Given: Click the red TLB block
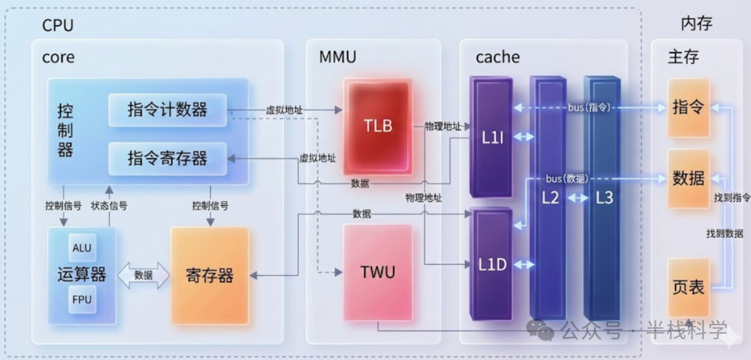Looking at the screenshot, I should (378, 125).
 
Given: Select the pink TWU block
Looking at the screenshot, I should (378, 272).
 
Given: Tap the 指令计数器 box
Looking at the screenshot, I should (167, 110).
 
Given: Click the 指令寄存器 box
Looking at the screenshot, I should (167, 158).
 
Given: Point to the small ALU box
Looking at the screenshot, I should (81, 248).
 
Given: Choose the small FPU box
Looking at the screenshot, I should (81, 300).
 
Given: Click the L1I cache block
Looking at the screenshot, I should (492, 137).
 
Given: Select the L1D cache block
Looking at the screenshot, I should (492, 264).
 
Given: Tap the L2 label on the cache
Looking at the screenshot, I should (551, 197).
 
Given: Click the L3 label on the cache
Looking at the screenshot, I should (604, 197).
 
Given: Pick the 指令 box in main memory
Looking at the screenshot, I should (688, 108).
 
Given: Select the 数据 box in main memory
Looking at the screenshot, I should (688, 178).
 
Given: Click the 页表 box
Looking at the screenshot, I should (688, 286).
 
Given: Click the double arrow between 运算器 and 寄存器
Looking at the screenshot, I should (143, 275).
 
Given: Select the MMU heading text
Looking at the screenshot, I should (337, 57).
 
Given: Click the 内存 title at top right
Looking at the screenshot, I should (696, 24).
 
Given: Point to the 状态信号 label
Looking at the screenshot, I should (109, 206).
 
